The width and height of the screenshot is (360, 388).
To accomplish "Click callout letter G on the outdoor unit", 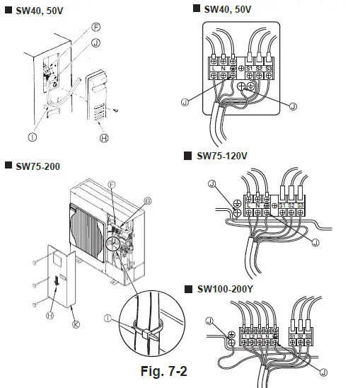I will (148, 201).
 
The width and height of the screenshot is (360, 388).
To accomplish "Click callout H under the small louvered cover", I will (104, 137).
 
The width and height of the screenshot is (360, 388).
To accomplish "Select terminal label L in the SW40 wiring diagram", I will (214, 67).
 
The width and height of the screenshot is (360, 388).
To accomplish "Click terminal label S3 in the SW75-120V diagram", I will (299, 205).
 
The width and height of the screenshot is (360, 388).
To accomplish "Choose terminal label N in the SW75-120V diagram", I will (258, 205).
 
